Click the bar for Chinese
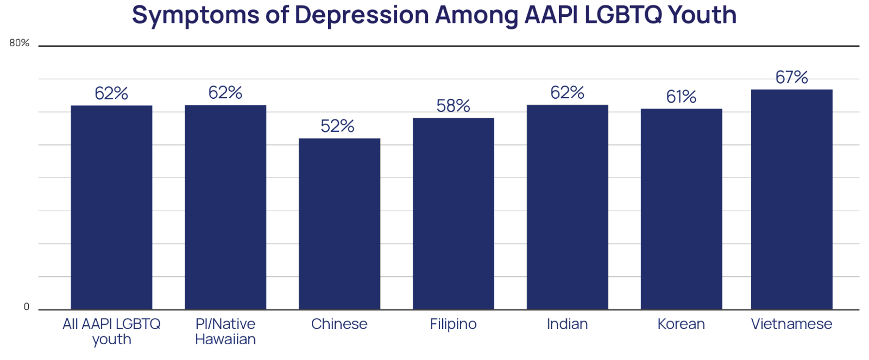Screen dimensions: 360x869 click(x=339, y=224)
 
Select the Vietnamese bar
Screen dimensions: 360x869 click(x=791, y=199)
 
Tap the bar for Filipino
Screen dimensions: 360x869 click(x=454, y=214)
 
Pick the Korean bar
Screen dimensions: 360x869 click(x=681, y=209)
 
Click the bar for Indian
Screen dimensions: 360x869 click(x=568, y=207)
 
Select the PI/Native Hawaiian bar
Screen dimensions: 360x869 click(x=225, y=207)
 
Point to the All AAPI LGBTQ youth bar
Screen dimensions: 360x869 click(x=111, y=207)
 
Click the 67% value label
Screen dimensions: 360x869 click(x=791, y=77)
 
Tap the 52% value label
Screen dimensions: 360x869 click(x=337, y=126)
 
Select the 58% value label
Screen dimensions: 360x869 click(x=453, y=105)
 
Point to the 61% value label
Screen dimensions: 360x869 click(x=681, y=97)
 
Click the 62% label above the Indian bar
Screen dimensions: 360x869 click(x=567, y=92)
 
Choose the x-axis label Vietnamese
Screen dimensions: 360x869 click(x=791, y=324)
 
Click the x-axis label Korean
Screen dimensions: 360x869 click(x=681, y=324)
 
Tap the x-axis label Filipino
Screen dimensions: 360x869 click(x=453, y=324)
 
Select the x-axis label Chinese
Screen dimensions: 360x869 click(x=339, y=324)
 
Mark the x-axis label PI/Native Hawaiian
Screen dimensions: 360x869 click(x=225, y=332)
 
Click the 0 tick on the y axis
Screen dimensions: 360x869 click(x=27, y=307)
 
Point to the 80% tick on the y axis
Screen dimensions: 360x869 click(x=20, y=43)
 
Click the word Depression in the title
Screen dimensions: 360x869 click(x=362, y=15)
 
